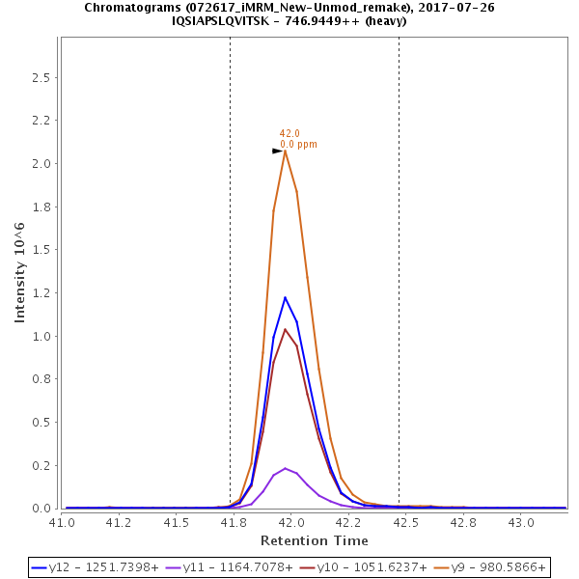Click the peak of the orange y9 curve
coord(285,151)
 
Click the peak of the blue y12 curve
coord(285,297)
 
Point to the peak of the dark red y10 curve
coord(285,329)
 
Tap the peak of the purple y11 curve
coord(285,468)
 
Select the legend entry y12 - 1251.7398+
coord(97,567)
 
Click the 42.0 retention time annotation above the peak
coord(289,133)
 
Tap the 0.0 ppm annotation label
coord(298,144)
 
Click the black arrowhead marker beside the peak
coord(277,151)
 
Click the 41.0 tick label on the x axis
coord(62,522)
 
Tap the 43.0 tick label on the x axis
coord(521,522)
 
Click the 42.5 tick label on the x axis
coord(406,522)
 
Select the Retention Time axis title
coord(314,539)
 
